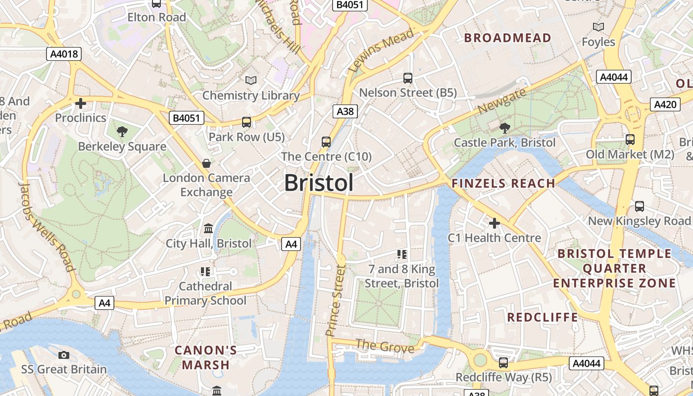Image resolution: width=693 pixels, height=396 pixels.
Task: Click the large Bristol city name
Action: click(319, 183)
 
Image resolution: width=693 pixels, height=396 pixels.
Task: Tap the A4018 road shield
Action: click(64, 54)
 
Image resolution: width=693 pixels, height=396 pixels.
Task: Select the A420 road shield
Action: click(665, 104)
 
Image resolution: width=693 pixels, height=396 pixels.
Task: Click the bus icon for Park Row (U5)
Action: click(246, 122)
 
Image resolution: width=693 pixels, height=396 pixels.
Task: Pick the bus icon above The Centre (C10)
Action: click(326, 142)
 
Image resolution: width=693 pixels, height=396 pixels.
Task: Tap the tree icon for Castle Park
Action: click(505, 128)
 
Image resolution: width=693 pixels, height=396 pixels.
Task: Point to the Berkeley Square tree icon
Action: click(122, 132)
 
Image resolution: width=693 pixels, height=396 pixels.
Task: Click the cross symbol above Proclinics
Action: click(81, 103)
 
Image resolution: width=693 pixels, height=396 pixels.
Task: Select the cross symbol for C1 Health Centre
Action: click(494, 223)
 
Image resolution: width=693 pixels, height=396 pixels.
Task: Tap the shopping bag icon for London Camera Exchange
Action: click(206, 163)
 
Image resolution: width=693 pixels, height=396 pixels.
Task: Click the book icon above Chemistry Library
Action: click(251, 80)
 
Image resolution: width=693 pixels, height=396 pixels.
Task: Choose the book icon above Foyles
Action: click(598, 27)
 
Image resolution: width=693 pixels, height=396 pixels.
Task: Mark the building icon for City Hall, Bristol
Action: click(208, 229)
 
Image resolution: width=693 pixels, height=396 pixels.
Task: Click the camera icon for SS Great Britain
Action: click(64, 355)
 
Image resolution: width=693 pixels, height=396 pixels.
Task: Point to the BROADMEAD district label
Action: click(507, 38)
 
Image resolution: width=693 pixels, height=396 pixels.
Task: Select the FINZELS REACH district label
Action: click(503, 184)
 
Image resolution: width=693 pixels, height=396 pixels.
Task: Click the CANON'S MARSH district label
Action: click(206, 358)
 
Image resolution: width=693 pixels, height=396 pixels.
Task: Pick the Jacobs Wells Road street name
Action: click(47, 227)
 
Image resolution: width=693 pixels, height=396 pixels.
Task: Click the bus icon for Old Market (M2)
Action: click(630, 140)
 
